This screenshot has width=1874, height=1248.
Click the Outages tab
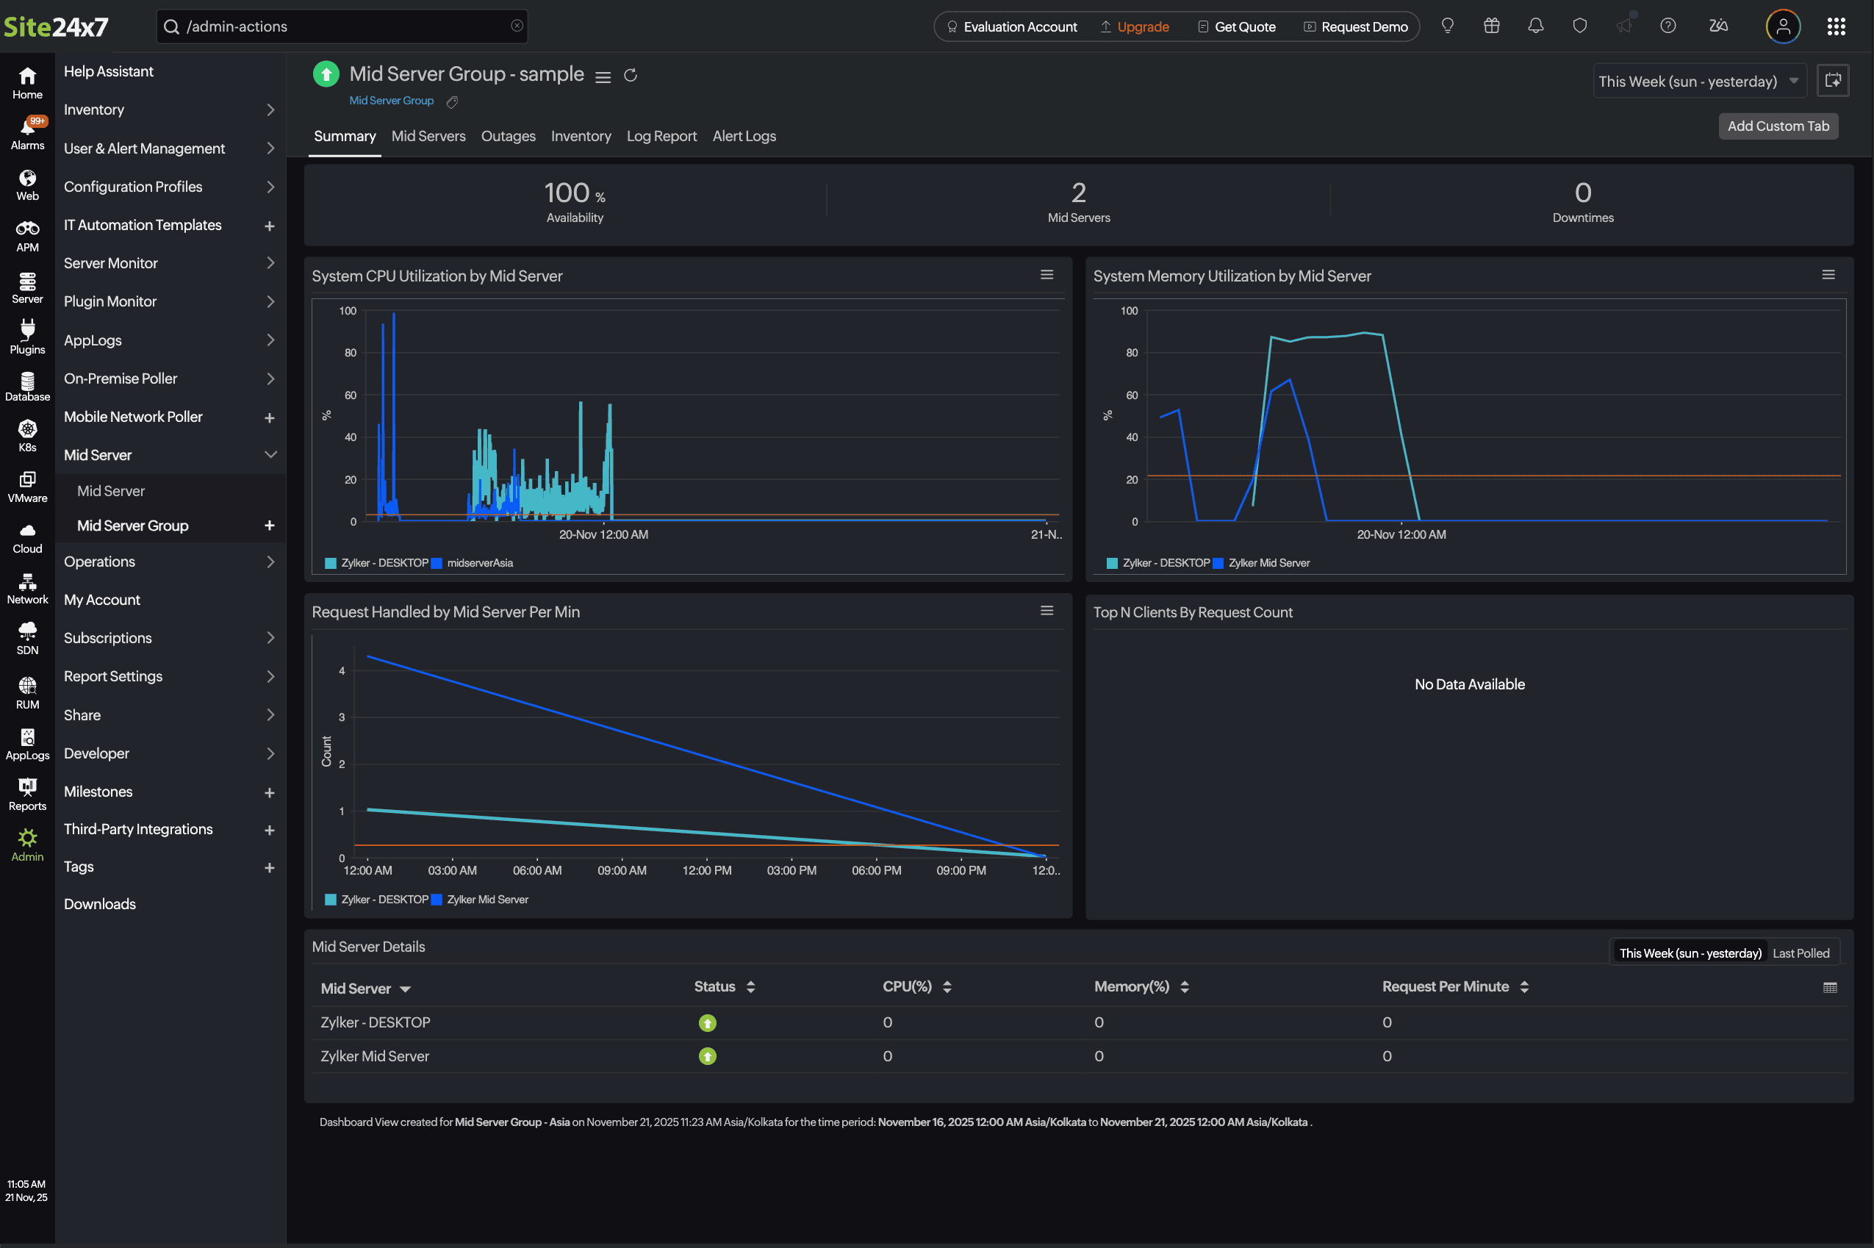pos(508,136)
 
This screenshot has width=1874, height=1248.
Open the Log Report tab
pos(661,136)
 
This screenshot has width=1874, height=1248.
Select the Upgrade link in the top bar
pos(1142,27)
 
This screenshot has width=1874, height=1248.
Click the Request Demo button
pos(1363,27)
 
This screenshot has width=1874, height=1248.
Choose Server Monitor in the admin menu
pos(111,262)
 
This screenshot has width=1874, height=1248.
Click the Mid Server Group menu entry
pos(133,526)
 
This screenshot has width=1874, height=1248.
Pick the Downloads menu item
pos(99,904)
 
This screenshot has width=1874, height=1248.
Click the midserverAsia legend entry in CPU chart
pos(479,564)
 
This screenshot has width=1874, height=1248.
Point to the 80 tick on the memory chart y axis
pos(1131,353)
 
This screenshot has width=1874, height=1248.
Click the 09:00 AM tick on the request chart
pos(622,871)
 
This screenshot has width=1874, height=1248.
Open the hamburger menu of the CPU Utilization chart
pos(1047,275)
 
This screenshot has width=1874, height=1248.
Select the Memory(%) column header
pos(1132,987)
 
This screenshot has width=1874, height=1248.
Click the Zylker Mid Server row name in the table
pos(375,1056)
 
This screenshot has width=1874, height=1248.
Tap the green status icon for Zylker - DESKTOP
pos(707,1023)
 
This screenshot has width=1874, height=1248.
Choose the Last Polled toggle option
pos(1800,953)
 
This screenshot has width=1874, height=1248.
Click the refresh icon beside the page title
pos(631,76)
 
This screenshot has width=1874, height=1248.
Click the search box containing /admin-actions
pos(342,27)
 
